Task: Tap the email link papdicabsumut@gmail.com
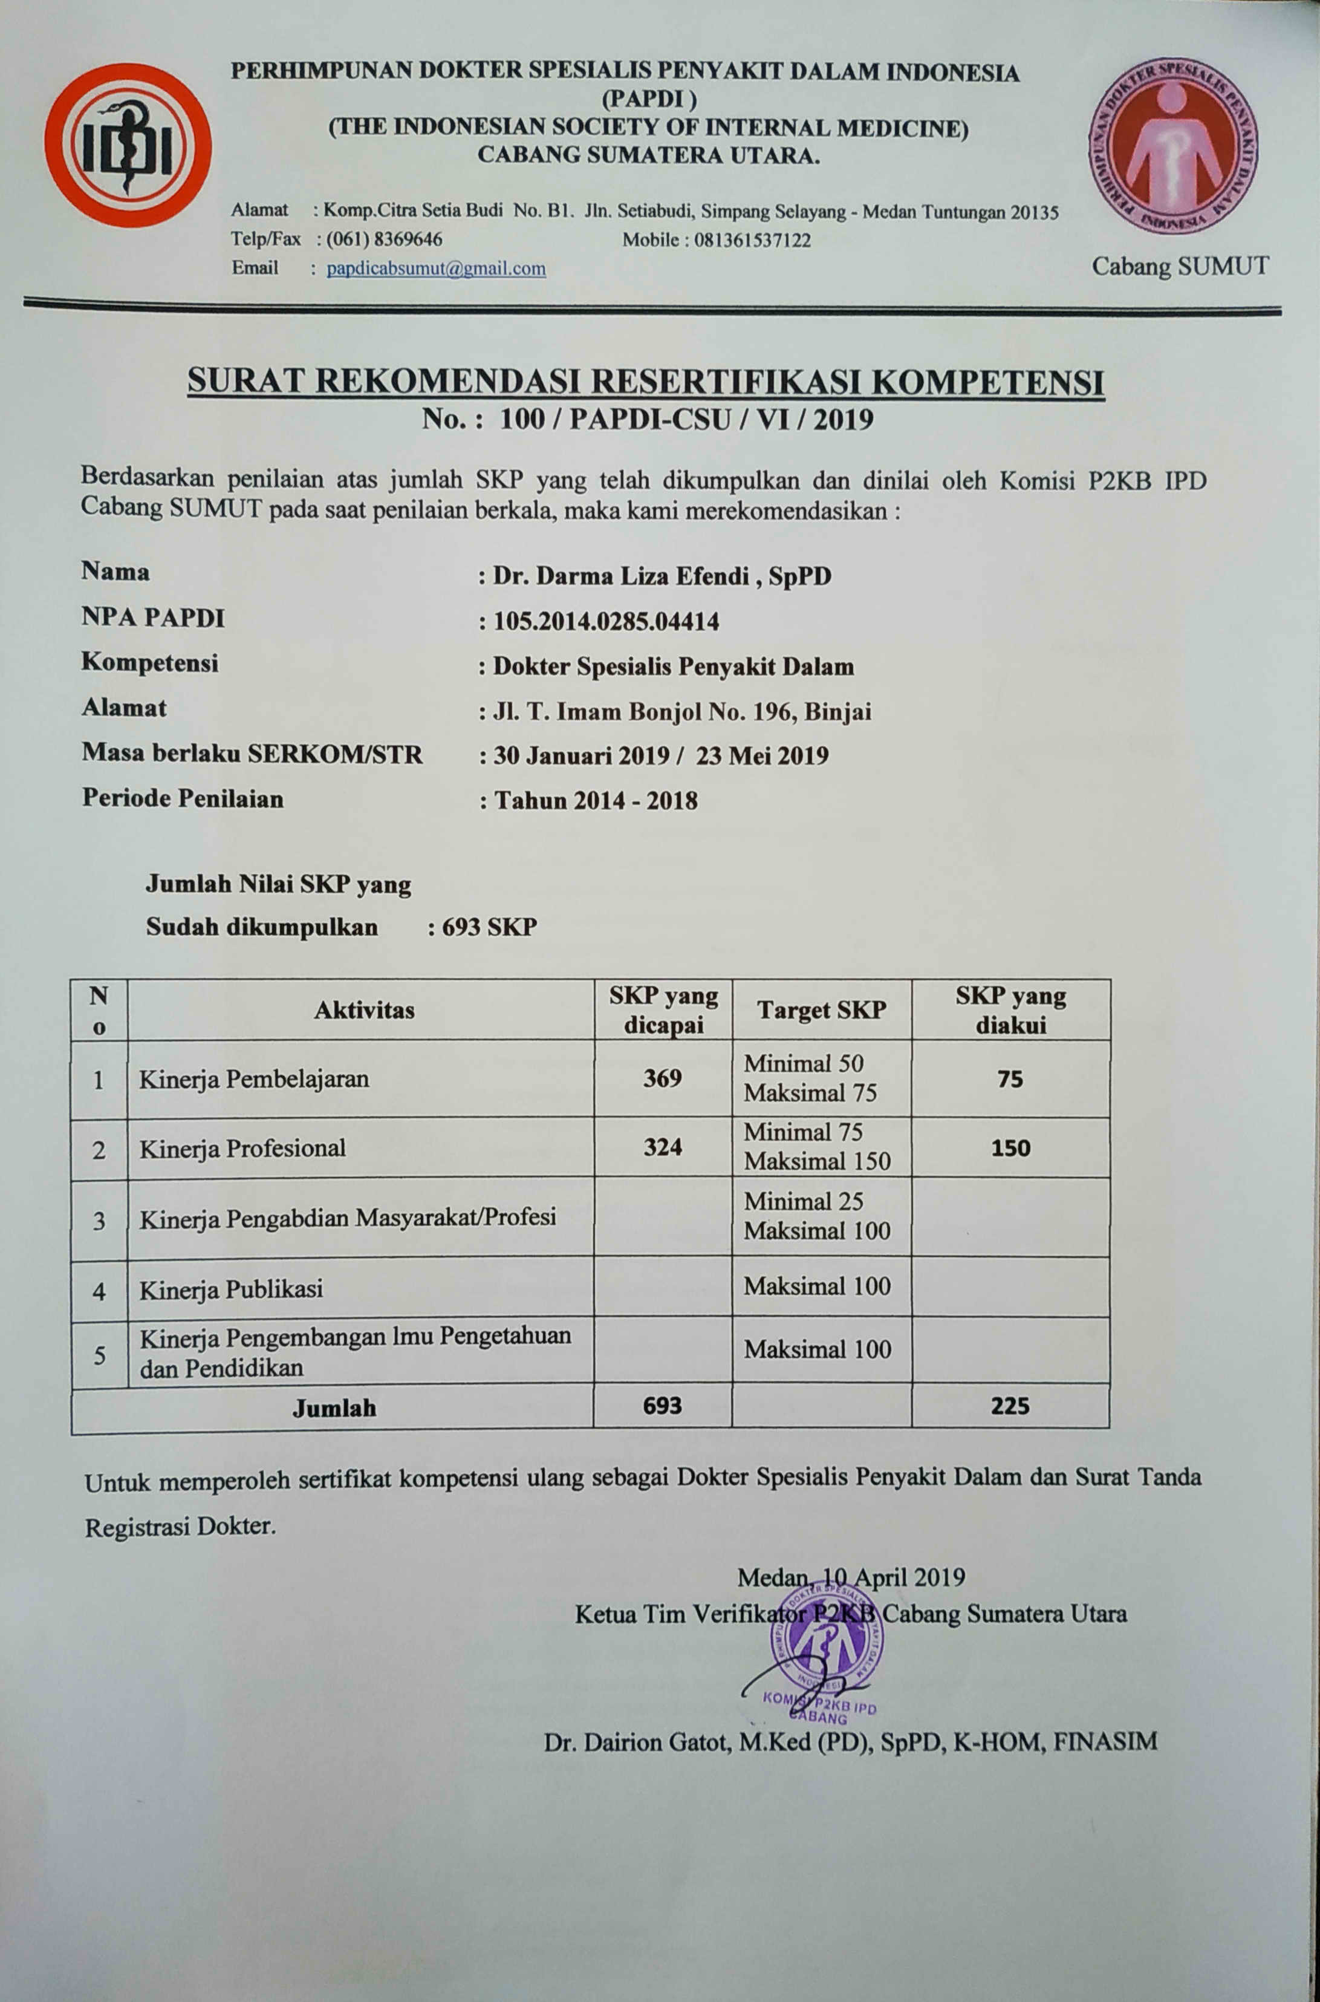436,269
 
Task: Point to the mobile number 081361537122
752,240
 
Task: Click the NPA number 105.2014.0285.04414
605,622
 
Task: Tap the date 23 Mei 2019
762,755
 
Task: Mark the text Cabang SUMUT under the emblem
1179,266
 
